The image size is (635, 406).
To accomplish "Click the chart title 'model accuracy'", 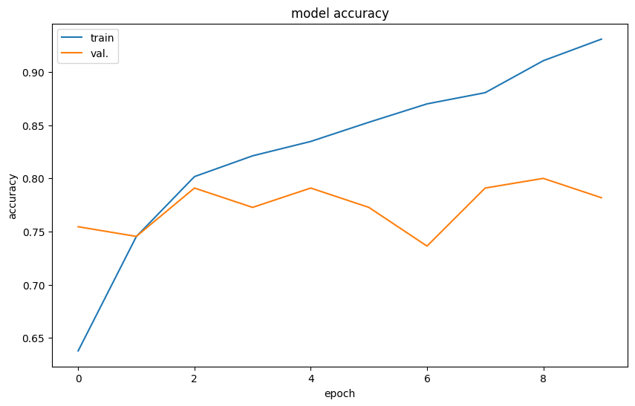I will point(339,13).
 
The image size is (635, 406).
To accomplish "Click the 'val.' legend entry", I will point(99,53).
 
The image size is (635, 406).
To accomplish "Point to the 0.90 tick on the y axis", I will point(35,73).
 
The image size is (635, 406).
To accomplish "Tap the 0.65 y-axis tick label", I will point(35,338).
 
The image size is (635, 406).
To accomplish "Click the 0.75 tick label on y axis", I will point(35,232).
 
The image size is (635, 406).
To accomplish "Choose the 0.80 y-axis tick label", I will point(35,179).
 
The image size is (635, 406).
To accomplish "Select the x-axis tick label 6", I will point(427,379).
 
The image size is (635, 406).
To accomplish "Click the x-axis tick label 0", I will point(78,379).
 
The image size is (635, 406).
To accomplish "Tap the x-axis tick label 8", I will point(544,379).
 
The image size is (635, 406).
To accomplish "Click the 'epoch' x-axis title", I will point(339,394).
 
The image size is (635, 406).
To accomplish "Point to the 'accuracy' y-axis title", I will point(13,197).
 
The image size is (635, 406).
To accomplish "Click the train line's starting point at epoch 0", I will point(78,351).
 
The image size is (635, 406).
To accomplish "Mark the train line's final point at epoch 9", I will point(602,39).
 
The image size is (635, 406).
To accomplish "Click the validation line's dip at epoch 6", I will point(427,246).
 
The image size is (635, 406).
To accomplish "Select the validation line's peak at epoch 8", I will point(544,178).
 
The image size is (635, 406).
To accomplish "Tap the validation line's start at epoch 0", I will point(78,226).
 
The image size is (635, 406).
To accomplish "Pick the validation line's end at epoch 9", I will point(602,198).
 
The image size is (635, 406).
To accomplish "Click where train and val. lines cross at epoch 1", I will point(136,236).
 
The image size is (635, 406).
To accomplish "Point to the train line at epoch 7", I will point(485,93).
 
